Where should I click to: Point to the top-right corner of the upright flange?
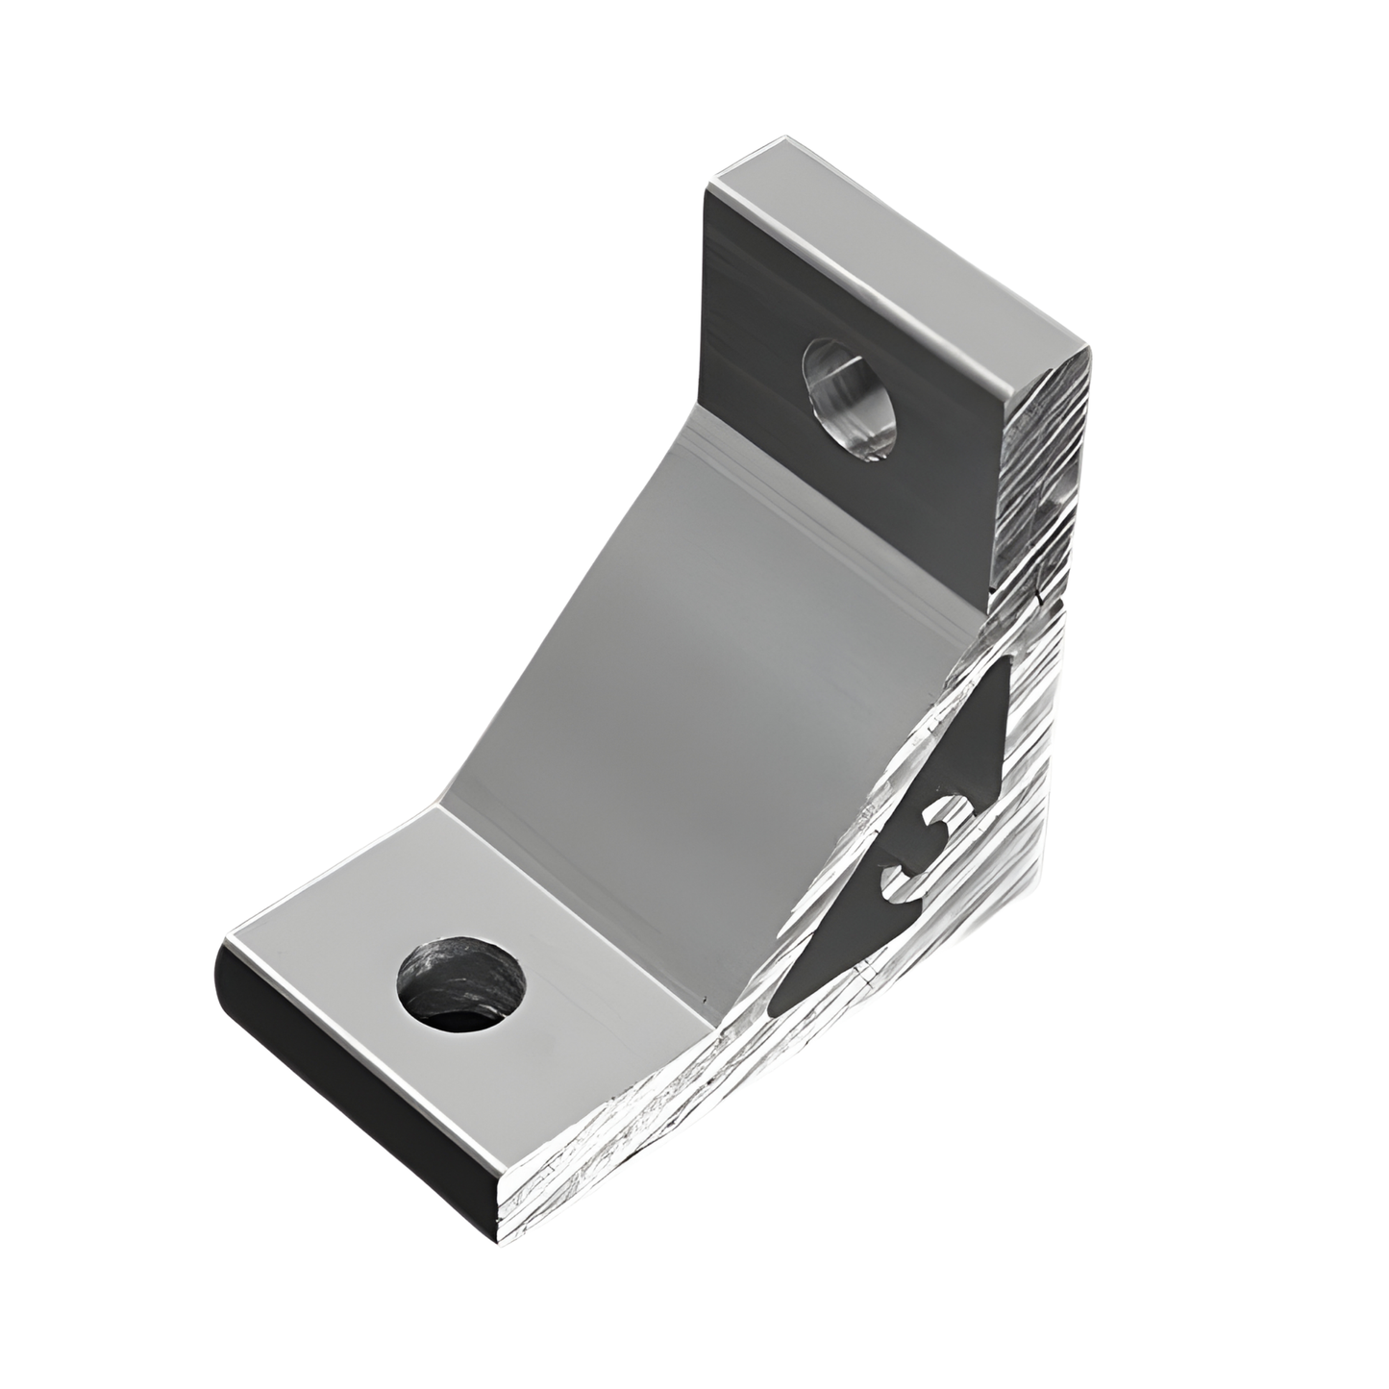pyautogui.click(x=1091, y=351)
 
